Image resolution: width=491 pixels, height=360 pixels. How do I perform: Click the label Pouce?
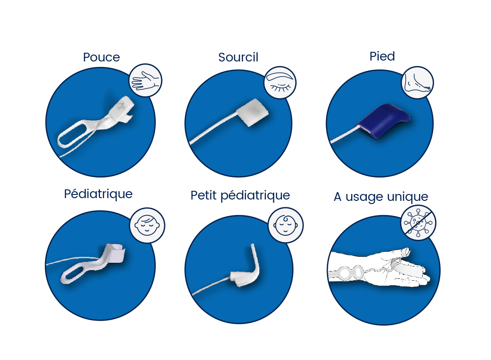pyautogui.click(x=101, y=57)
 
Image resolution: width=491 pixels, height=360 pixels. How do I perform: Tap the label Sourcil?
pyautogui.click(x=238, y=57)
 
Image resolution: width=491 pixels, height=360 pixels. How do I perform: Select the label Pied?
pyautogui.click(x=382, y=56)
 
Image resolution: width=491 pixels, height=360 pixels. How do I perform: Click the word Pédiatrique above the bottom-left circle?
pyautogui.click(x=98, y=194)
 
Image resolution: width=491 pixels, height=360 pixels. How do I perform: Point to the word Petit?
pyautogui.click(x=204, y=195)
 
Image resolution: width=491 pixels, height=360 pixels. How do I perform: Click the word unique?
pyautogui.click(x=407, y=197)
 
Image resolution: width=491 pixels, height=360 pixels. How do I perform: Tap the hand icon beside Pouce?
pyautogui.click(x=145, y=81)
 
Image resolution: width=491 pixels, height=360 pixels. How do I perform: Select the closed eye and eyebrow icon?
pyautogui.click(x=280, y=83)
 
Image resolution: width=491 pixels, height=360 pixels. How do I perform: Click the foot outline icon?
pyautogui.click(x=417, y=83)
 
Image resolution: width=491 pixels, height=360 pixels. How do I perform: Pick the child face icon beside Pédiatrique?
pyautogui.click(x=147, y=225)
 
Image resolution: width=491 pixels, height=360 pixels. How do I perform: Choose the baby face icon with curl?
pyautogui.click(x=285, y=225)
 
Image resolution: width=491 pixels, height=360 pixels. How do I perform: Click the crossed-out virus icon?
pyautogui.click(x=418, y=222)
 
